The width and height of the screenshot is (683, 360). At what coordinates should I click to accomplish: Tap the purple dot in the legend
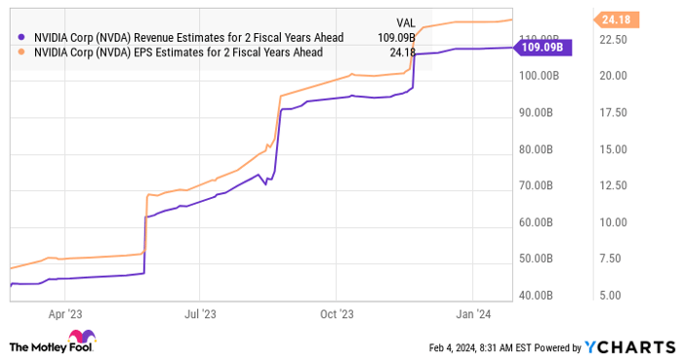coord(21,37)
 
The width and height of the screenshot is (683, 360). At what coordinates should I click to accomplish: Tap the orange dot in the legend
coord(21,54)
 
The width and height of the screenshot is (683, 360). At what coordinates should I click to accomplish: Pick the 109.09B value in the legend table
coord(394,37)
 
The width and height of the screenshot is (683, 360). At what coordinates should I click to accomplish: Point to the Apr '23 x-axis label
coord(65,314)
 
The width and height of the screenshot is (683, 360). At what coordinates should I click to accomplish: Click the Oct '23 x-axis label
coord(336,314)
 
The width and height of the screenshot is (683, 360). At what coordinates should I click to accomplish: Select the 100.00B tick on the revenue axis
coord(538,75)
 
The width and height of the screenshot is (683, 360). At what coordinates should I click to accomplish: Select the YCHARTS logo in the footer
coord(627,346)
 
